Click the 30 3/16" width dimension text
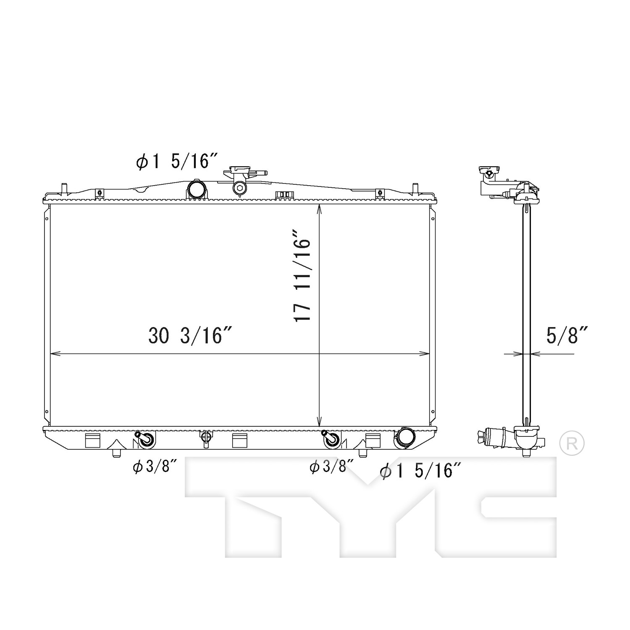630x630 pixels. tap(190, 336)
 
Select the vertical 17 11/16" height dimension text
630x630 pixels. tap(302, 275)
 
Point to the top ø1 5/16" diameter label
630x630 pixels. tap(177, 161)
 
